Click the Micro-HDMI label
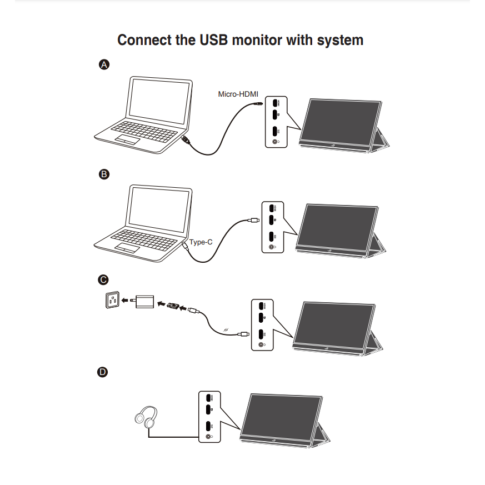pyautogui.click(x=238, y=94)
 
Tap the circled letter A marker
pyautogui.click(x=103, y=65)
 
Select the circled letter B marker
pyautogui.click(x=103, y=174)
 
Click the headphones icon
pyautogui.click(x=146, y=417)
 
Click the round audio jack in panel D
pyautogui.click(x=209, y=437)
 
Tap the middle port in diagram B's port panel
pyautogui.click(x=272, y=221)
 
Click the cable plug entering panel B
pyautogui.click(x=254, y=221)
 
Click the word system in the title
pyautogui.click(x=341, y=41)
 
